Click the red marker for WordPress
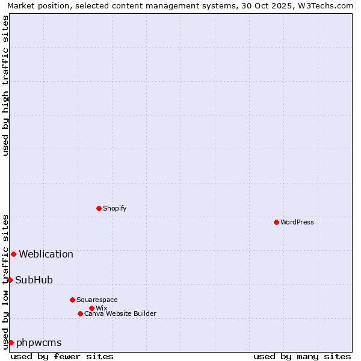click(276, 222)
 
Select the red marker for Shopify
click(99, 208)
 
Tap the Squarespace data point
click(72, 300)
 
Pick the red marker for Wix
click(91, 308)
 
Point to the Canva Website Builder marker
click(80, 313)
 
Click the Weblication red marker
click(13, 254)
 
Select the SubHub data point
click(10, 280)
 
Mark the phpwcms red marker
click(11, 342)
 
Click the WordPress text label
click(297, 222)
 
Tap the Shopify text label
click(114, 208)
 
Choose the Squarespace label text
click(97, 300)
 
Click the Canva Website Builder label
click(120, 313)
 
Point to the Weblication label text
click(46, 254)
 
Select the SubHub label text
click(34, 280)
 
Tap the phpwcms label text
click(39, 342)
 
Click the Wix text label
click(101, 308)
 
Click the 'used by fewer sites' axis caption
click(62, 356)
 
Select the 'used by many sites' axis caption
click(302, 356)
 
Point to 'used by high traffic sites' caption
click(5, 85)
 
